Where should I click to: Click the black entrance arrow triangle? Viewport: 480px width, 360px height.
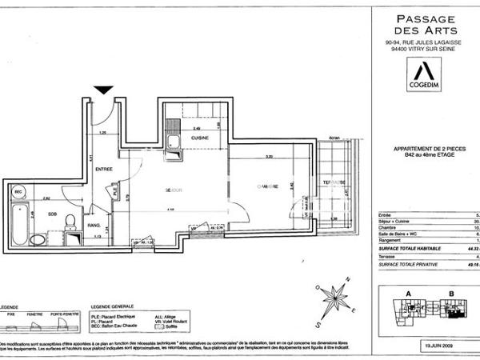(x=102, y=90)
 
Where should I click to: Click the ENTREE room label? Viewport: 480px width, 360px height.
(x=104, y=170)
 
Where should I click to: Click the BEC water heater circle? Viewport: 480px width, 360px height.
(x=19, y=193)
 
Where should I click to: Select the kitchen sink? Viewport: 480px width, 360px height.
(x=173, y=144)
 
